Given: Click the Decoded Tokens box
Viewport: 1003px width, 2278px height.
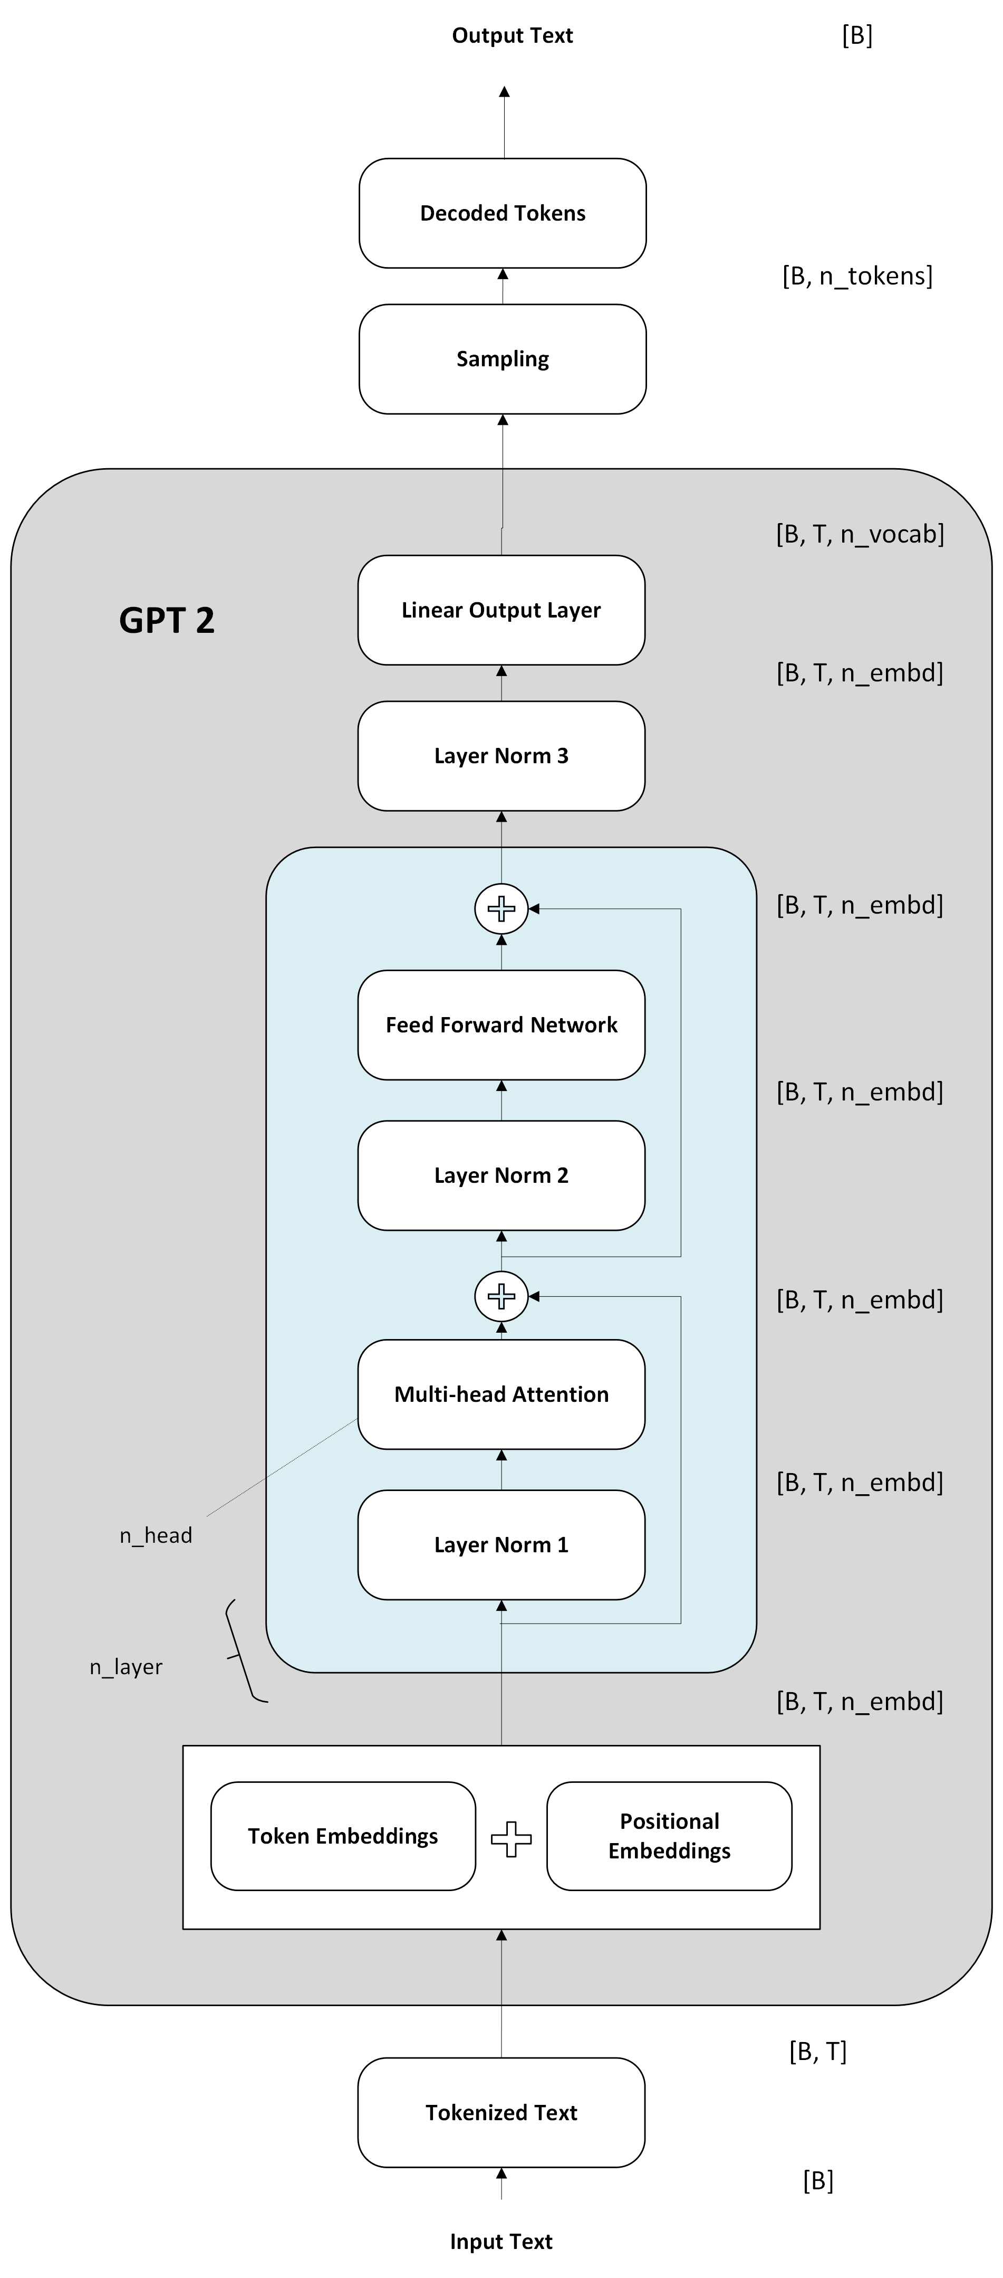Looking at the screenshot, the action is [x=502, y=213].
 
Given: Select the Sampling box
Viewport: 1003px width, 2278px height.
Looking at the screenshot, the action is [x=502, y=359].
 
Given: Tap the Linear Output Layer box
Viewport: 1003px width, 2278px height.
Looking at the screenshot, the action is [x=501, y=610].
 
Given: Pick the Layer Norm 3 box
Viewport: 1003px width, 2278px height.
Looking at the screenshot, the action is [x=501, y=756].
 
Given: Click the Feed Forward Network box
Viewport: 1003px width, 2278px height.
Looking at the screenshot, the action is [x=501, y=1025].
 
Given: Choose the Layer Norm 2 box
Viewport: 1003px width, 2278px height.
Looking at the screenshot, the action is [x=501, y=1175].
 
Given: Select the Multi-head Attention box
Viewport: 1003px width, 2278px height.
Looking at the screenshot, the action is [x=501, y=1394].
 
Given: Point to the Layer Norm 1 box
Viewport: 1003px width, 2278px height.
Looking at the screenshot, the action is [x=501, y=1545].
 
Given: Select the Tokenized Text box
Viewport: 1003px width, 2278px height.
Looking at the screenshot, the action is [x=501, y=2113].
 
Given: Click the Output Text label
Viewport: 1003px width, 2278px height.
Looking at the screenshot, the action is [x=513, y=35].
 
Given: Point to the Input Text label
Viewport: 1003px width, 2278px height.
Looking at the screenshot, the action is [x=501, y=2242].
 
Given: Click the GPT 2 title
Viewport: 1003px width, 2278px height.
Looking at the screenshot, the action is [x=167, y=621].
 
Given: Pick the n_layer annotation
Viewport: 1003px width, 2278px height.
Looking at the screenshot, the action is [x=127, y=1667].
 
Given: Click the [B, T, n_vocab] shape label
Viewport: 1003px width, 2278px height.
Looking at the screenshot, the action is [x=860, y=534].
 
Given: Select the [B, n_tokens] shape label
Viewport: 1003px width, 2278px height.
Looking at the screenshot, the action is [x=857, y=276].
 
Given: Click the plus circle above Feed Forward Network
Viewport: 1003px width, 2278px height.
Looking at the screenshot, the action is [x=501, y=908].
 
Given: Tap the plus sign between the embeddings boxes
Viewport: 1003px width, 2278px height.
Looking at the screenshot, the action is [x=511, y=1839].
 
